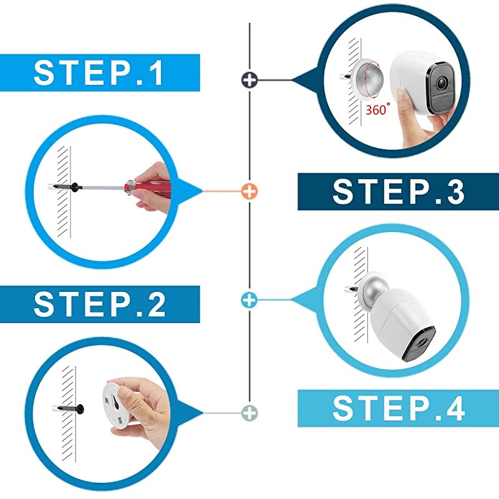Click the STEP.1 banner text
coord(99,73)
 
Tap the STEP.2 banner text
coord(100,304)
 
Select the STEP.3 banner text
coord(399,191)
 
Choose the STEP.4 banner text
coord(399,409)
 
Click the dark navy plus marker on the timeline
coord(249,80)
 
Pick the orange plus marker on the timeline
coord(249,191)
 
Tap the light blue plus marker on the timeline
coord(249,300)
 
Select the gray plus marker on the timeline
coord(249,413)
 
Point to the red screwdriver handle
coord(148,188)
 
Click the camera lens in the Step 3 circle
coord(441,84)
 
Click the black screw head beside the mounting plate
coord(80,409)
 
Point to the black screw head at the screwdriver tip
coord(75,187)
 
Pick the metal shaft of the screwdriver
coord(102,188)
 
